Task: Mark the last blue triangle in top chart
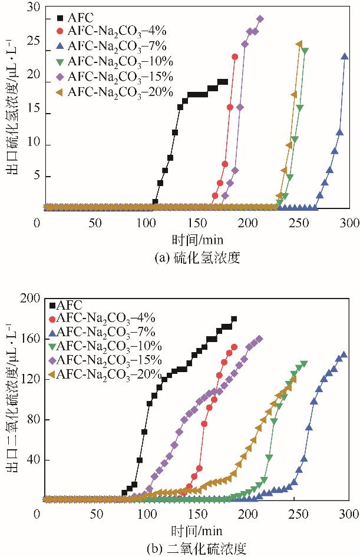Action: point(345,57)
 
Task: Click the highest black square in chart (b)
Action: point(234,319)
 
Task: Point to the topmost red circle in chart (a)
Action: point(235,57)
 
